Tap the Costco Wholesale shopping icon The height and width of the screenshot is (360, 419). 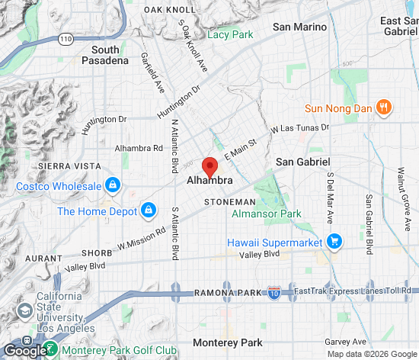tap(112, 185)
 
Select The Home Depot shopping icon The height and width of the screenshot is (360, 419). tap(148, 210)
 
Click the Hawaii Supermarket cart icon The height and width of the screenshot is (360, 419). tap(333, 242)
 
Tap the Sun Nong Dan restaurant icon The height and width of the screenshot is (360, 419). tap(385, 108)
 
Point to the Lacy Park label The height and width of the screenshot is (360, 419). tap(229, 34)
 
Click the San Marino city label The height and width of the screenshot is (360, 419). tap(299, 27)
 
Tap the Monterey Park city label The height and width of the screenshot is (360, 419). tap(227, 342)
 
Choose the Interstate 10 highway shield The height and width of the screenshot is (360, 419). tap(274, 292)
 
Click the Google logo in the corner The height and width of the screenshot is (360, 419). tap(25, 350)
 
